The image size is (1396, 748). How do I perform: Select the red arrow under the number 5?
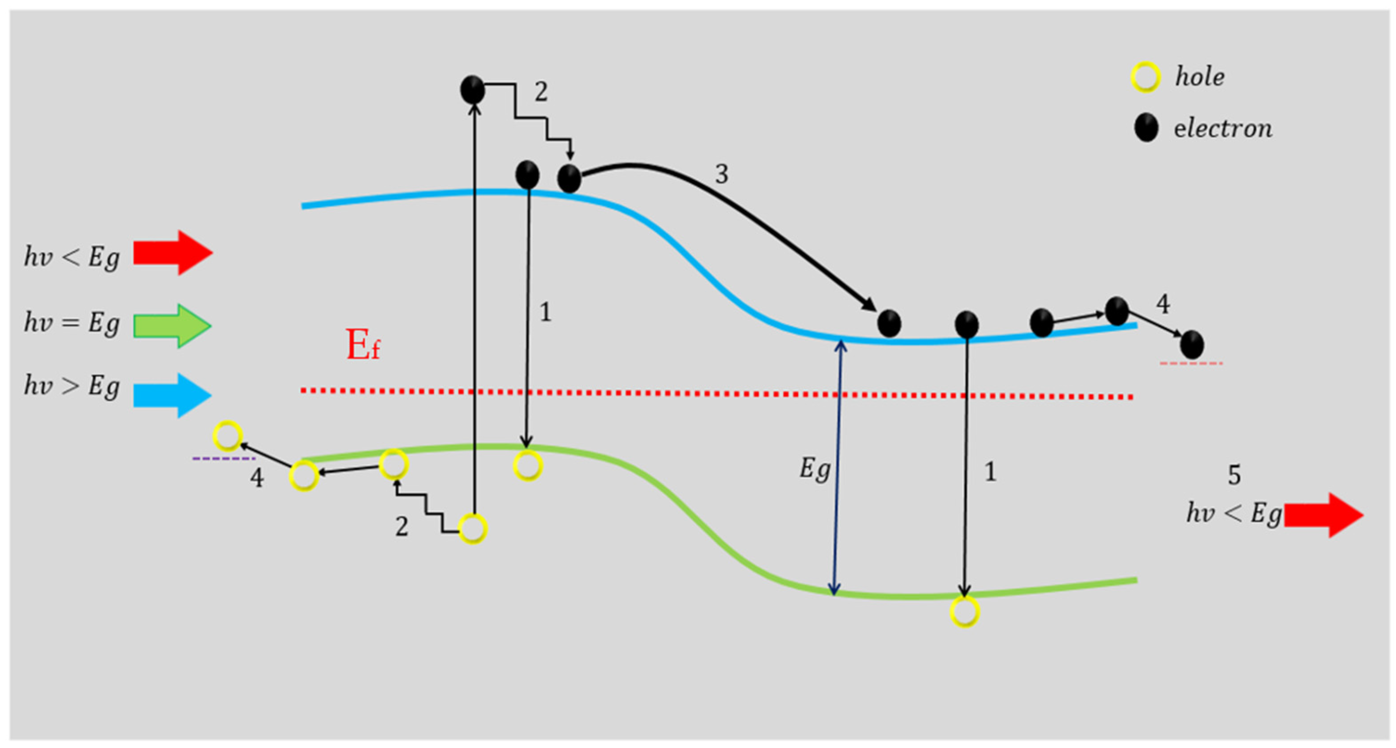click(x=1323, y=515)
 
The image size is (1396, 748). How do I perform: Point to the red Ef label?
click(x=363, y=345)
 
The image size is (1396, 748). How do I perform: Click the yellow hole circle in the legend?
click(x=1145, y=77)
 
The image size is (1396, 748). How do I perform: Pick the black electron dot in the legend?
click(x=1146, y=128)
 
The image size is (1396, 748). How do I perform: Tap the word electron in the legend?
click(x=1222, y=129)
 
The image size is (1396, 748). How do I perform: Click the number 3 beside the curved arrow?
click(x=721, y=174)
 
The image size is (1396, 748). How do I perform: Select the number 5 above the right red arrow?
click(x=1234, y=475)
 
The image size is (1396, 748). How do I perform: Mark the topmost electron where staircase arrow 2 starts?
click(x=472, y=89)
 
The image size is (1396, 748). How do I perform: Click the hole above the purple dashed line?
click(x=227, y=435)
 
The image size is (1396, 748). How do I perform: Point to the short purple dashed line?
click(x=224, y=458)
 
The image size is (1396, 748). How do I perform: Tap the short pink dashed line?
click(x=1191, y=363)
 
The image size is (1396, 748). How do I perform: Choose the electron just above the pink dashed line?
click(x=1192, y=345)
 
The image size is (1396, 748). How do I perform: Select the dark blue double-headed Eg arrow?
click(x=838, y=466)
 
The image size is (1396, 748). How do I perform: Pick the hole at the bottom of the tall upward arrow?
click(x=472, y=528)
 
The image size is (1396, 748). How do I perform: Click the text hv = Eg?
click(x=71, y=324)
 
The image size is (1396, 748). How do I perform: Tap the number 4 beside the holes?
click(x=257, y=478)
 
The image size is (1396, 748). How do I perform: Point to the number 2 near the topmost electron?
click(x=540, y=91)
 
